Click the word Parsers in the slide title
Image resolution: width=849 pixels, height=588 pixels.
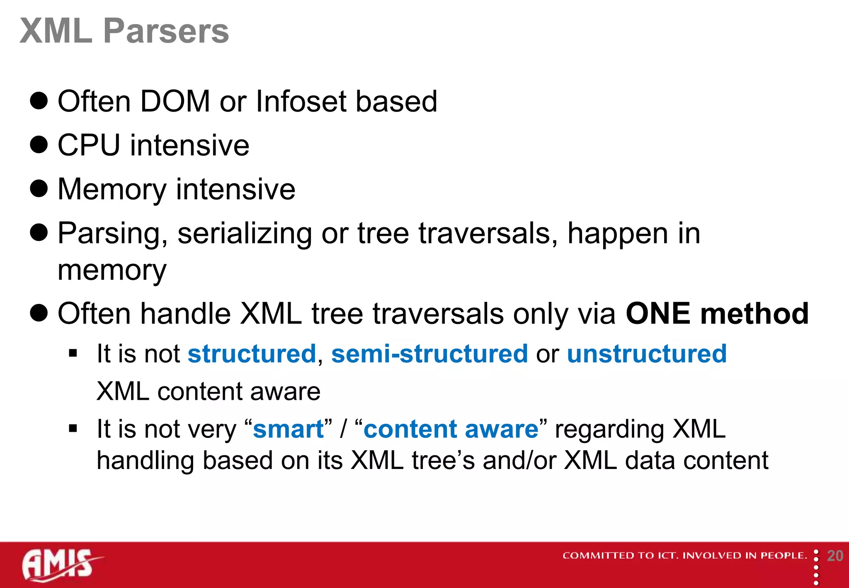(166, 31)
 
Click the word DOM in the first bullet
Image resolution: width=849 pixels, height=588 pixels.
(175, 102)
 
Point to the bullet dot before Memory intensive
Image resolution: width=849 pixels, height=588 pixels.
(39, 189)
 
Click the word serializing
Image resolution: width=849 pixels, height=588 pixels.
(245, 233)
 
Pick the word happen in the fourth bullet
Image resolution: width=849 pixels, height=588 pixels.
(618, 234)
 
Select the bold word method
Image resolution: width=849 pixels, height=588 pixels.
(754, 313)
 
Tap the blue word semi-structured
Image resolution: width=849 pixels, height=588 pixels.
(429, 354)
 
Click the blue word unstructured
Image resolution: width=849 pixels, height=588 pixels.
(647, 354)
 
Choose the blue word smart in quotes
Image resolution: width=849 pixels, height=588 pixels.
(289, 429)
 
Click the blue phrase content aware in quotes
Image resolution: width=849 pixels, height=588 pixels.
(451, 429)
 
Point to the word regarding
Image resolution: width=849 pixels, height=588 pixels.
(609, 430)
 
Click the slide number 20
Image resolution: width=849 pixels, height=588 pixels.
(835, 556)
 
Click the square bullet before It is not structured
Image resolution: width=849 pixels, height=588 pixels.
(73, 353)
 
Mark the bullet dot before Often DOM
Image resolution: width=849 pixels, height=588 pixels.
(39, 101)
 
